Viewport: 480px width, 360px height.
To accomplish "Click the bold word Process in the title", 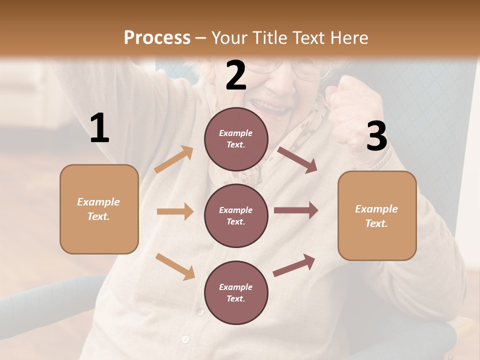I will (x=157, y=38).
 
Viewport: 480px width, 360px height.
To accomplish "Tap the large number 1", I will (x=99, y=128).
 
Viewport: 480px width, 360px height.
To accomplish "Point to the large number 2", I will (x=236, y=75).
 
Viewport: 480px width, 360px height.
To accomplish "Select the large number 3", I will (x=376, y=136).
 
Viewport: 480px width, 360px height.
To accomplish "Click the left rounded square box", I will (x=99, y=209).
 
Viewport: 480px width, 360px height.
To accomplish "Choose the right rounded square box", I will (x=377, y=216).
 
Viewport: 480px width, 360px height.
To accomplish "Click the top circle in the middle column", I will (x=236, y=139).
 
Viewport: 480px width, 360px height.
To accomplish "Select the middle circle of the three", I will (x=236, y=216).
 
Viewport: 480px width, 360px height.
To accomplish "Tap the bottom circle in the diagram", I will (x=236, y=293).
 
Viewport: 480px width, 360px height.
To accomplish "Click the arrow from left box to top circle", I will (x=173, y=159).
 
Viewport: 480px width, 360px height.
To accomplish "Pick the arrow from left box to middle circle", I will (x=174, y=211).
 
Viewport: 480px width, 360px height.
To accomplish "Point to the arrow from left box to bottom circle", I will (x=175, y=266).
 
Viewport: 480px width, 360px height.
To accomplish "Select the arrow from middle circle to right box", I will (x=295, y=210).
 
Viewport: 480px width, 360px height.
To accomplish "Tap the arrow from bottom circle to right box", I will (x=294, y=265).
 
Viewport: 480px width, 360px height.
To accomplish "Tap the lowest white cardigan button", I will (x=185, y=339).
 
